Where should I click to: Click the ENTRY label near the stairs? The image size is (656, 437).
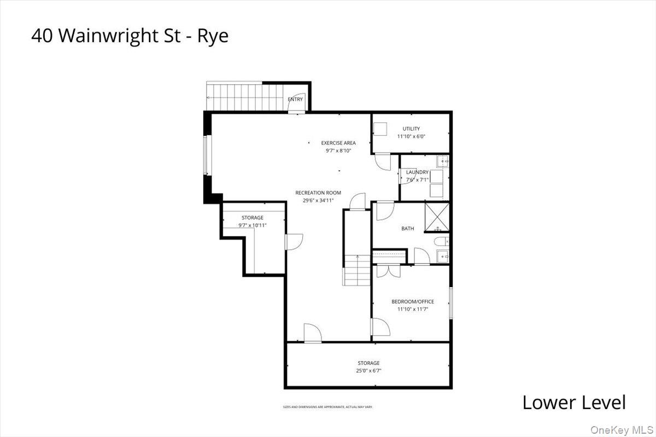295,100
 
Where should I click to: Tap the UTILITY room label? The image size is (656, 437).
411,129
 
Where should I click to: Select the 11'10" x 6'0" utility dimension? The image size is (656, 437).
411,136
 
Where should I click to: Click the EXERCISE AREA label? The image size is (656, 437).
338,143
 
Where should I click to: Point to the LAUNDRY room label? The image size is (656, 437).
417,172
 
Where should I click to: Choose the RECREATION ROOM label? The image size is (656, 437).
318,193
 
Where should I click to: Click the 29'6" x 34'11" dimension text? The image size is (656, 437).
318,200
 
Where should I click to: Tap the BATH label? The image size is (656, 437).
408,229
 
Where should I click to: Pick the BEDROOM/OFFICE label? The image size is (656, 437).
413,302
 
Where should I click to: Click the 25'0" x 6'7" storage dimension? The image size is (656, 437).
368,371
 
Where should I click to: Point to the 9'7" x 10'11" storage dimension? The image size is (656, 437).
253,225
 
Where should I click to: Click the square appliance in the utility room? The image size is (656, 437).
380,129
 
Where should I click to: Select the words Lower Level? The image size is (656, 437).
573,403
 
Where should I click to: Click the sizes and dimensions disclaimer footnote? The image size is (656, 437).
327,407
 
